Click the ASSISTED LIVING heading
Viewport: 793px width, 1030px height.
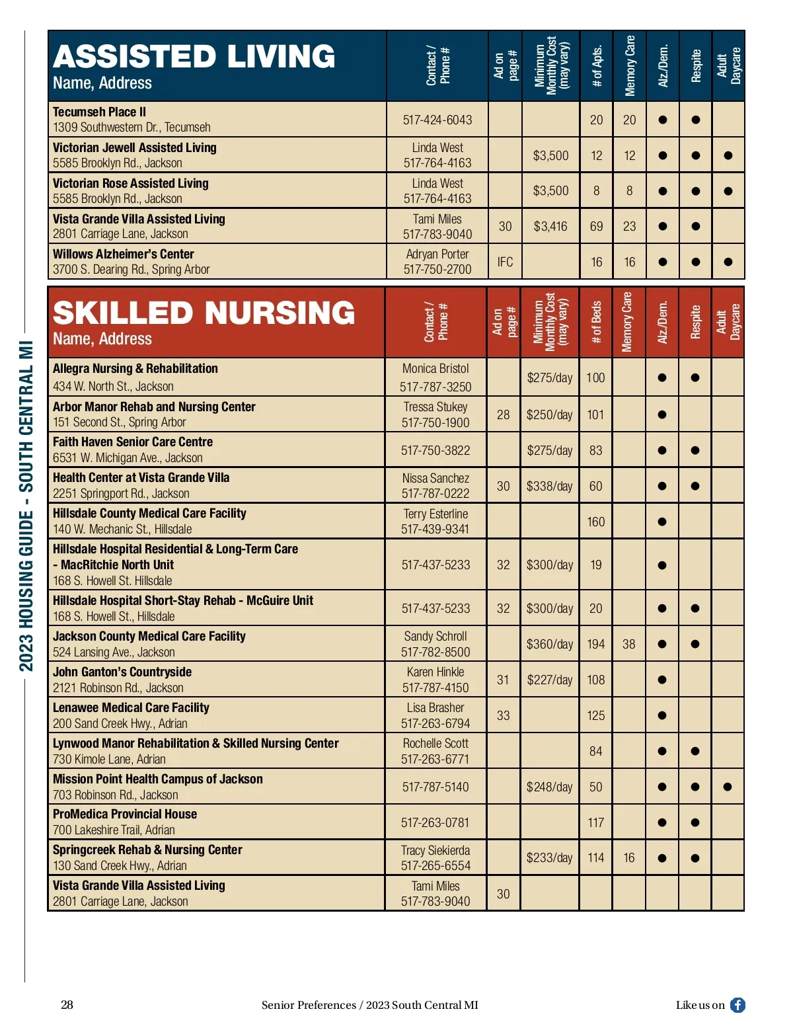[x=194, y=57]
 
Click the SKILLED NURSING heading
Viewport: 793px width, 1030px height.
[x=204, y=313]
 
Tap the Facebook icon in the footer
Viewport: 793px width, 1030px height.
[x=737, y=1005]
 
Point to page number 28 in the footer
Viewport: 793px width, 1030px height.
[x=67, y=1005]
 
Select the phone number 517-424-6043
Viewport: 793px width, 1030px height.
[x=437, y=120]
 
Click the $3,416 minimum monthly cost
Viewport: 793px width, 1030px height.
[x=550, y=226]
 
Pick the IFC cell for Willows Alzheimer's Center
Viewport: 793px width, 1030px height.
[x=505, y=262]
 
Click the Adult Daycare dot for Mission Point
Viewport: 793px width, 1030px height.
[x=728, y=787]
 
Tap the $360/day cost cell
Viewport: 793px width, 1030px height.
[x=549, y=644]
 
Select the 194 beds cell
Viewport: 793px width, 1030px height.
[x=595, y=644]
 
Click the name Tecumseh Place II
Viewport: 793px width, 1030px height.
[x=99, y=112]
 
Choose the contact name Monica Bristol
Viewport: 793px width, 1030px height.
[x=435, y=368]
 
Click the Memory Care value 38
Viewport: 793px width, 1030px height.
[x=628, y=644]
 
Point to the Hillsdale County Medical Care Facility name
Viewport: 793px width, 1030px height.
[x=149, y=513]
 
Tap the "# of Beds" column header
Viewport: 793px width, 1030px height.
[x=596, y=323]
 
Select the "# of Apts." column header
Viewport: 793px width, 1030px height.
[x=597, y=66]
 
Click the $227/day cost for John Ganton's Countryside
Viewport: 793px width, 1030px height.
[x=549, y=680]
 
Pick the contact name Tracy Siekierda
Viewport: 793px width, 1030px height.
[x=435, y=850]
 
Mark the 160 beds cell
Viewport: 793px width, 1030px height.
[x=595, y=522]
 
